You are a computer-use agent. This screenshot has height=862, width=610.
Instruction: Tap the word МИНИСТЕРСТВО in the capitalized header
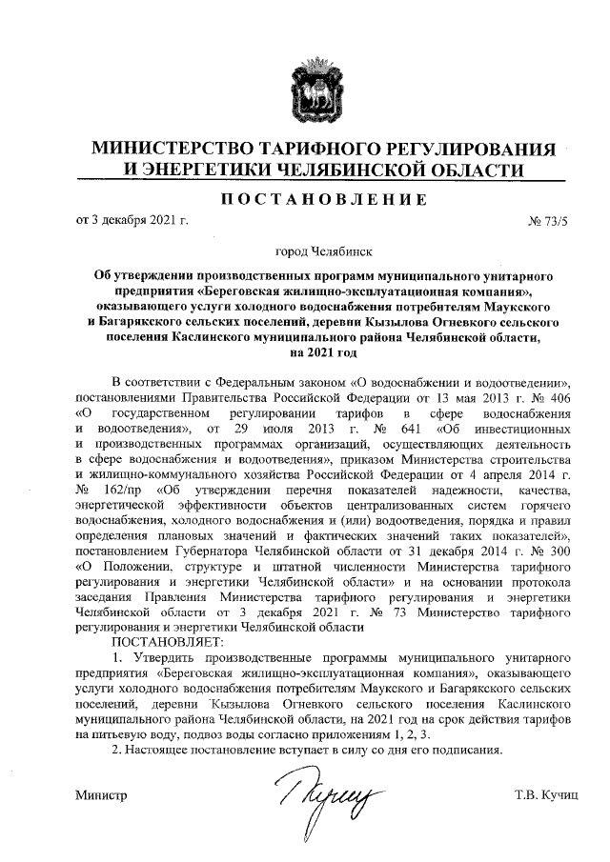[x=176, y=150]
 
